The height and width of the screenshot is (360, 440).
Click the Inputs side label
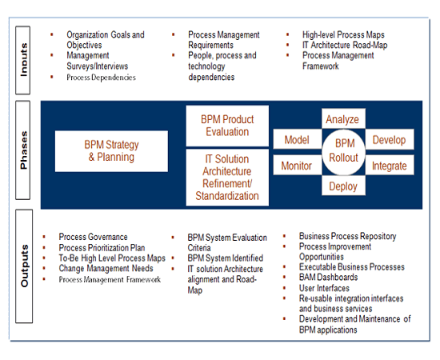[x=23, y=60]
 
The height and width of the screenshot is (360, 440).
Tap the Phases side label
[x=23, y=150]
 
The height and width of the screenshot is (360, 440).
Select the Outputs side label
[x=24, y=266]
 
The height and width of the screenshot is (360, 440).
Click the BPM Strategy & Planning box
[x=111, y=151]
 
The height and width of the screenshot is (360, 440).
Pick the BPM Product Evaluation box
[x=227, y=126]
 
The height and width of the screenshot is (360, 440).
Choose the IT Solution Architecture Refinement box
[x=227, y=178]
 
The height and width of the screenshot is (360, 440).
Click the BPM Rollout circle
[x=343, y=152]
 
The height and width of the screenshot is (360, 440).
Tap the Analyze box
[x=343, y=119]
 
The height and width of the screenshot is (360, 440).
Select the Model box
[x=297, y=139]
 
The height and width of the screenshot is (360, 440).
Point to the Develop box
[x=390, y=139]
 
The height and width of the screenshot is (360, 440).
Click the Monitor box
[x=297, y=165]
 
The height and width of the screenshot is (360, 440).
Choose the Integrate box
[x=390, y=165]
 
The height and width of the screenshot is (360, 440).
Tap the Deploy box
[x=343, y=186]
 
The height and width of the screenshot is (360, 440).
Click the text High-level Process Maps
[x=343, y=34]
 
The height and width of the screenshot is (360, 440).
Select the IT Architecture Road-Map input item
[x=345, y=45]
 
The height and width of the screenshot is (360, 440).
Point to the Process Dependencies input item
[x=101, y=77]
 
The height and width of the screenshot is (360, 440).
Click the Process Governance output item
[x=93, y=237]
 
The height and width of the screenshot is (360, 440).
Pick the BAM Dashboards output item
[x=328, y=278]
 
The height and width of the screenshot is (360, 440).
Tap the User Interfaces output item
[x=324, y=288]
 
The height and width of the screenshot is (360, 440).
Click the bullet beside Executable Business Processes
[x=284, y=267]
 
